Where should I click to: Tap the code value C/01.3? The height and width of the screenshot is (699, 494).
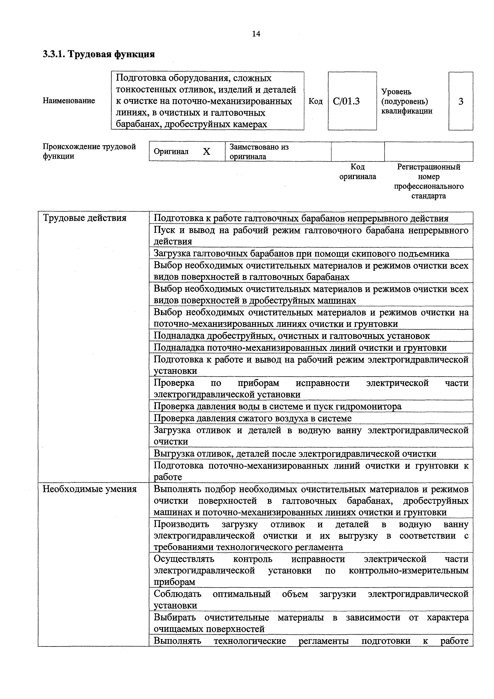click(346, 101)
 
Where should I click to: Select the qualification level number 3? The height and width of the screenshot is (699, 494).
click(461, 101)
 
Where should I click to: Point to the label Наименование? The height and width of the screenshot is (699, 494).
click(69, 100)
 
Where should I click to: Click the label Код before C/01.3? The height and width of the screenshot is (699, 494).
click(315, 101)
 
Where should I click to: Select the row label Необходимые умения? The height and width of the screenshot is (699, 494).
click(89, 489)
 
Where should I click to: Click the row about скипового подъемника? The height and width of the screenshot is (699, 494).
click(301, 254)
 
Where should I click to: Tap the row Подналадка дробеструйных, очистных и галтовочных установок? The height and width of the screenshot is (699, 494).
click(292, 336)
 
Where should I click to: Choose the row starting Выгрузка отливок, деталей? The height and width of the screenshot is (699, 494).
click(295, 454)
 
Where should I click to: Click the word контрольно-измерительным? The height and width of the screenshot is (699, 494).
click(409, 570)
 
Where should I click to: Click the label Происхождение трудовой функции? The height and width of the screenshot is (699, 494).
click(89, 151)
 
